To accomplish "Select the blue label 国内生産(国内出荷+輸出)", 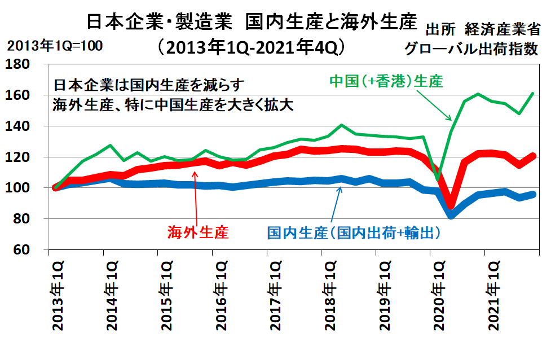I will click(x=354, y=231).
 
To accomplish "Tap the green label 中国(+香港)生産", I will click(x=386, y=81).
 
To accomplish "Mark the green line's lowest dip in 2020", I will click(x=437, y=179).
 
